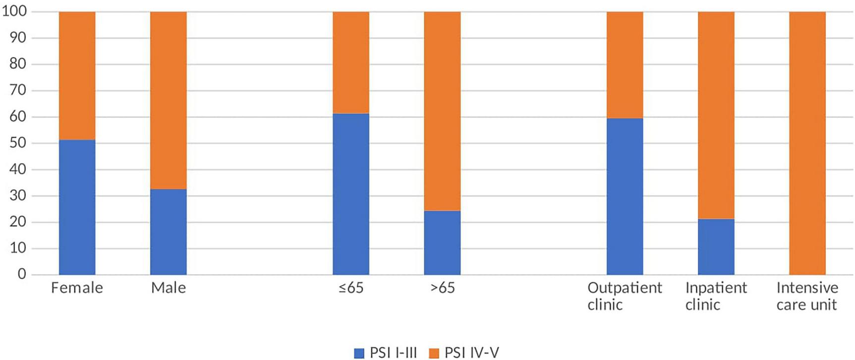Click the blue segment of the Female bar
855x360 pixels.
click(77, 207)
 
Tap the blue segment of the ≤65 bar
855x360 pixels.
click(351, 194)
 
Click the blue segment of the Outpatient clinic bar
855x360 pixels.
click(625, 196)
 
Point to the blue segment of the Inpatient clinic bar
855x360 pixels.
click(716, 247)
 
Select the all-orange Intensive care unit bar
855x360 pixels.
click(807, 143)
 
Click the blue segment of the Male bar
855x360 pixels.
click(169, 232)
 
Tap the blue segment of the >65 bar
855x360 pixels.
click(442, 243)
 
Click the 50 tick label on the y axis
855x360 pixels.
click(18, 143)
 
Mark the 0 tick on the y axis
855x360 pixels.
click(21, 274)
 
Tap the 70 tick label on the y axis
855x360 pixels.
click(18, 91)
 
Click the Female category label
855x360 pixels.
click(77, 288)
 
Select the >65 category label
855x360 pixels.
click(442, 288)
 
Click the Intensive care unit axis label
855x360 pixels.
click(807, 296)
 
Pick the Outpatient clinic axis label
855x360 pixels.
click(625, 296)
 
